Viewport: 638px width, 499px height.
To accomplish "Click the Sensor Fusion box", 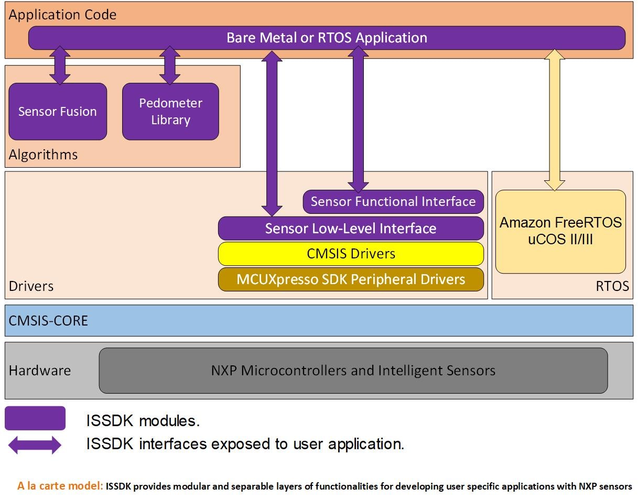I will (58, 112).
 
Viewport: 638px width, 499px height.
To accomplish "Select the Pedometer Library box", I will (170, 112).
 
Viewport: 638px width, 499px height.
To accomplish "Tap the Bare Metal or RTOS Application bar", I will (327, 38).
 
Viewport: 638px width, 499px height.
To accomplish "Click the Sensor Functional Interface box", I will (393, 202).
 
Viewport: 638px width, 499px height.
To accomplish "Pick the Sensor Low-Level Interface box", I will (350, 229).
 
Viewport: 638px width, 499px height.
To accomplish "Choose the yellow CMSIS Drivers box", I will (350, 254).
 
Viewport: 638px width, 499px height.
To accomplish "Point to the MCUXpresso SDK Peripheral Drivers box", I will (350, 279).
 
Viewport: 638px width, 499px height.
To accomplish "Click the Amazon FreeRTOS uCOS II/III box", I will (560, 231).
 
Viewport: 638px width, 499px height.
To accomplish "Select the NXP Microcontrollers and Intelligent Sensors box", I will (353, 371).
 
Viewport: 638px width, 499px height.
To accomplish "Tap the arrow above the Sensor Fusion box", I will (60, 65).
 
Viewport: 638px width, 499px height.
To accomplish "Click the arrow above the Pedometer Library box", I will (170, 65).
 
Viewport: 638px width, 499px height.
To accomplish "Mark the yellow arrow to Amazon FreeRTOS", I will (555, 120).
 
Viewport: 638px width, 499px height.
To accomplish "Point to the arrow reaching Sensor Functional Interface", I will (359, 119).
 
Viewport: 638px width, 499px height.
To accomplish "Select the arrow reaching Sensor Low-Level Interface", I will (272, 133).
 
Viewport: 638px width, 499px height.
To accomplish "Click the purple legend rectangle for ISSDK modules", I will (35, 418).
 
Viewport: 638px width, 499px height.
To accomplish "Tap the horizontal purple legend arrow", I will (35, 445).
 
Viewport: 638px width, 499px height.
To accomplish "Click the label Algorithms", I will (43, 155).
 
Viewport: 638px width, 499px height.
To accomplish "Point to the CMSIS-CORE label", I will (48, 320).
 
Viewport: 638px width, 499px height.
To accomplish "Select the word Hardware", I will (40, 371).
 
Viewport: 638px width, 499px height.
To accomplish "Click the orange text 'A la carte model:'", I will (60, 486).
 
